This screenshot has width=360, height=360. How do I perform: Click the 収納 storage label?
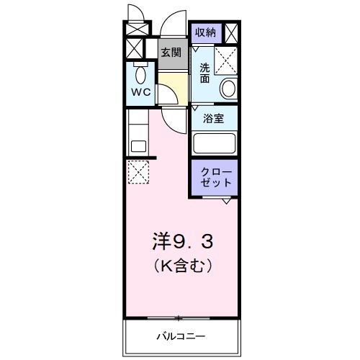(x=205, y=32)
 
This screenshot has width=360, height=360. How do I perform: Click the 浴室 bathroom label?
(x=213, y=119)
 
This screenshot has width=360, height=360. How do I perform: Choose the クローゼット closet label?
(x=216, y=178)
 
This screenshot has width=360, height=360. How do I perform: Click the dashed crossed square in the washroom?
(x=228, y=61)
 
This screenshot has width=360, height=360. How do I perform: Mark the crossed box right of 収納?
(x=232, y=33)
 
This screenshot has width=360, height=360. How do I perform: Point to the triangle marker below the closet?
(x=227, y=201)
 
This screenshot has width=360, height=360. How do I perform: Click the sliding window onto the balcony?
(x=181, y=317)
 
